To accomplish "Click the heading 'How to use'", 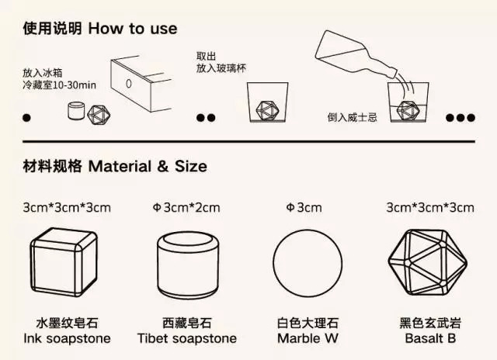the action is tap(133, 29).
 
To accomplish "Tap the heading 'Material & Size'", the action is tap(148, 166).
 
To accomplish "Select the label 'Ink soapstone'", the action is tap(68, 338).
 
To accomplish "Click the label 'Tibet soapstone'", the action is tap(187, 338).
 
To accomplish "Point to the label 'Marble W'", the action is tap(308, 338).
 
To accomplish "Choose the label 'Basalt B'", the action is tap(430, 338).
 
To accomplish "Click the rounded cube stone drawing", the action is tap(64, 262).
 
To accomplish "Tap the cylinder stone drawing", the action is tap(188, 265).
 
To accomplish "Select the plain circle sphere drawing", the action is tap(308, 263).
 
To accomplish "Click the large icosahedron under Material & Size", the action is tap(428, 263).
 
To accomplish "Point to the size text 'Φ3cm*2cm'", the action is tap(186, 208).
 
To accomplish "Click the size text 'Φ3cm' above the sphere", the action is tap(304, 208).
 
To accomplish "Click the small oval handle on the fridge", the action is tap(129, 84).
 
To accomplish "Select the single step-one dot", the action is tap(27, 118).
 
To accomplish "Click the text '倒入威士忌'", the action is tap(352, 118).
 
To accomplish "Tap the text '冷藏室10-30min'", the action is tap(59, 85).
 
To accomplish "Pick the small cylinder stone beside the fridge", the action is tap(76, 110).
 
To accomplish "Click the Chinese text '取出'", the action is tap(206, 57).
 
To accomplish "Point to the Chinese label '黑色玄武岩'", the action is tap(430, 324).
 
